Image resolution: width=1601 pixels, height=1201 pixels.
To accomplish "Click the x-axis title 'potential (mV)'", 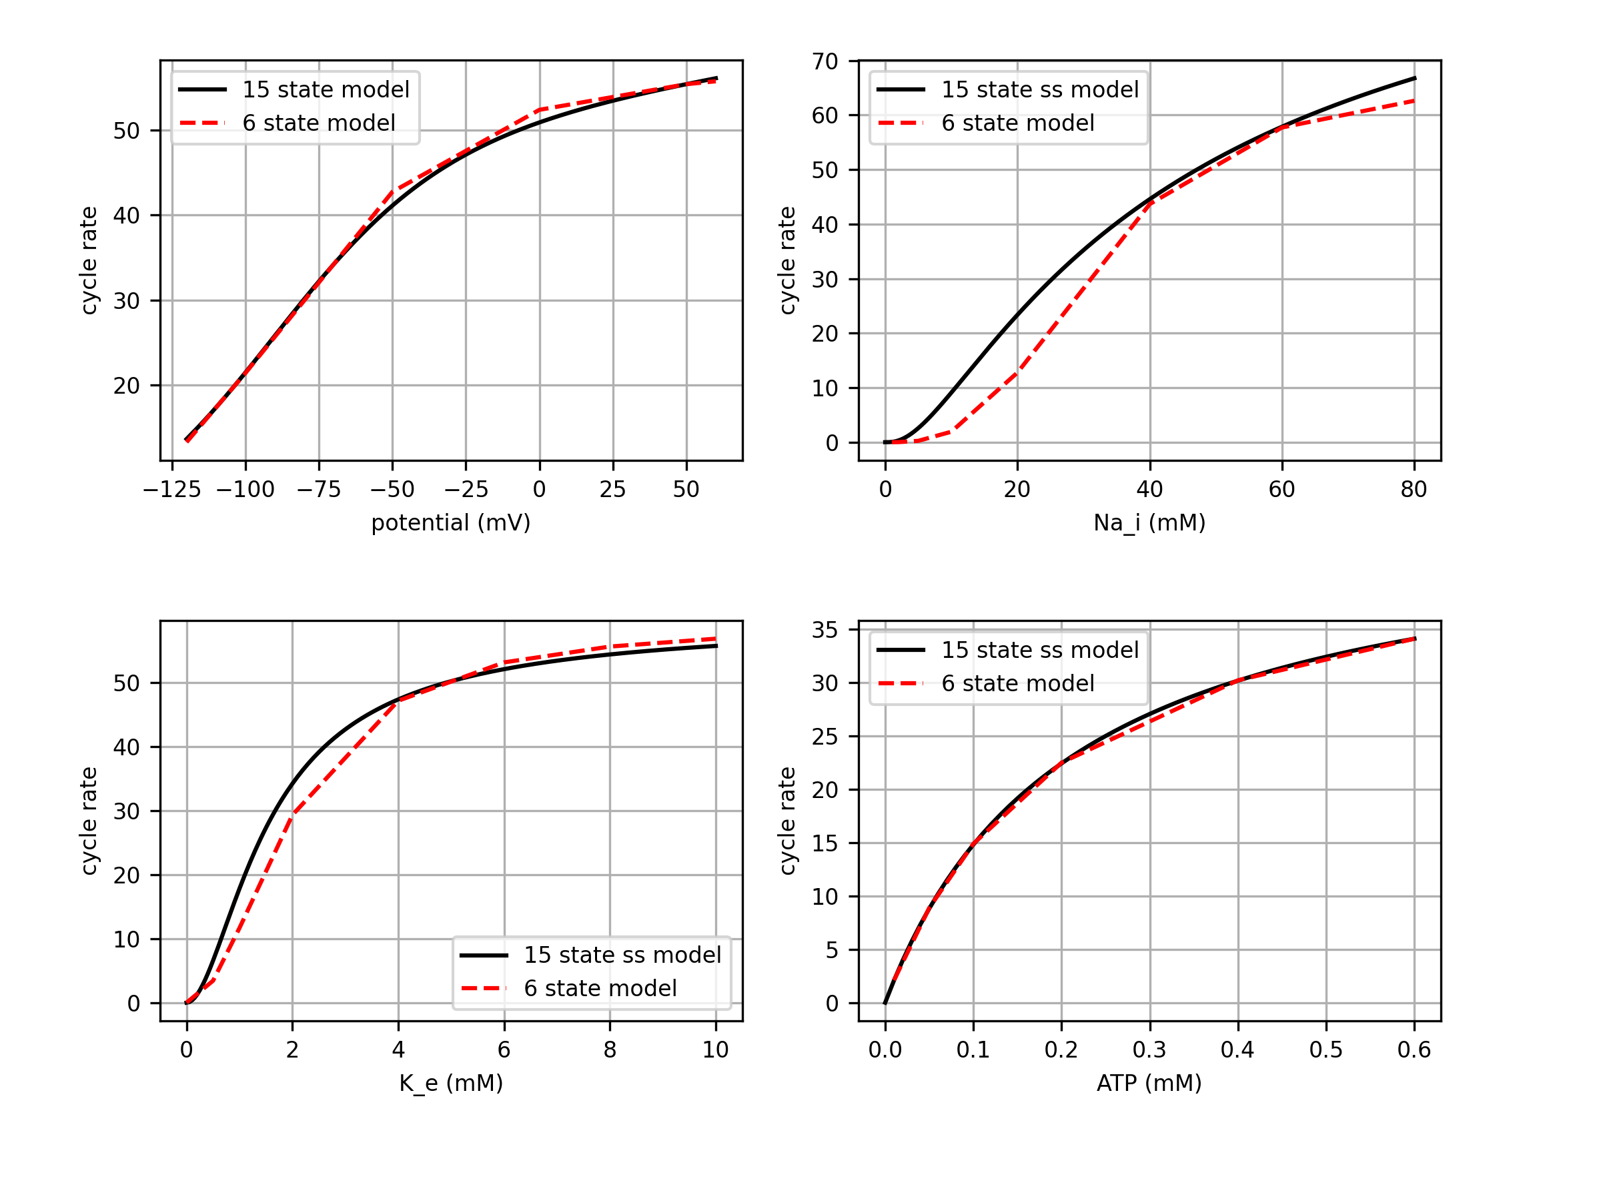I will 451,522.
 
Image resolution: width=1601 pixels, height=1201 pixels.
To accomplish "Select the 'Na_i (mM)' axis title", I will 1149,522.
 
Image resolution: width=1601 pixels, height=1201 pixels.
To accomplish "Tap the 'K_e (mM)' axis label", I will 451,1083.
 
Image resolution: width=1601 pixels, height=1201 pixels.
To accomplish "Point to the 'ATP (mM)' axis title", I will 1149,1083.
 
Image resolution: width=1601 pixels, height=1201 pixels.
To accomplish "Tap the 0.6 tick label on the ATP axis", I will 1414,1050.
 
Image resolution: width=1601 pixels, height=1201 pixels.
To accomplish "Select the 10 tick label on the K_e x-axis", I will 715,1050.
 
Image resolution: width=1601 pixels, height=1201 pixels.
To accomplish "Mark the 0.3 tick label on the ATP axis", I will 1149,1050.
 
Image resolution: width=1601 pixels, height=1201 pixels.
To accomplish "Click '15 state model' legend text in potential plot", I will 326,90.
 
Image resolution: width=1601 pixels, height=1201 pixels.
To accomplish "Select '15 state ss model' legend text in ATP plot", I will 1039,650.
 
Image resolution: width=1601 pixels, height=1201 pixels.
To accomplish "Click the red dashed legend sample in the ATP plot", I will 901,683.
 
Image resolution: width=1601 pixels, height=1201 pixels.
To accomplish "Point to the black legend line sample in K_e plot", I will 484,955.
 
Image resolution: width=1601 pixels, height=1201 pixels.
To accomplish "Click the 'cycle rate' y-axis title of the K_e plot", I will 88,821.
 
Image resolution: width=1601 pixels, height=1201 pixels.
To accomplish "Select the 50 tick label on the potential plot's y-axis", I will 126,131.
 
